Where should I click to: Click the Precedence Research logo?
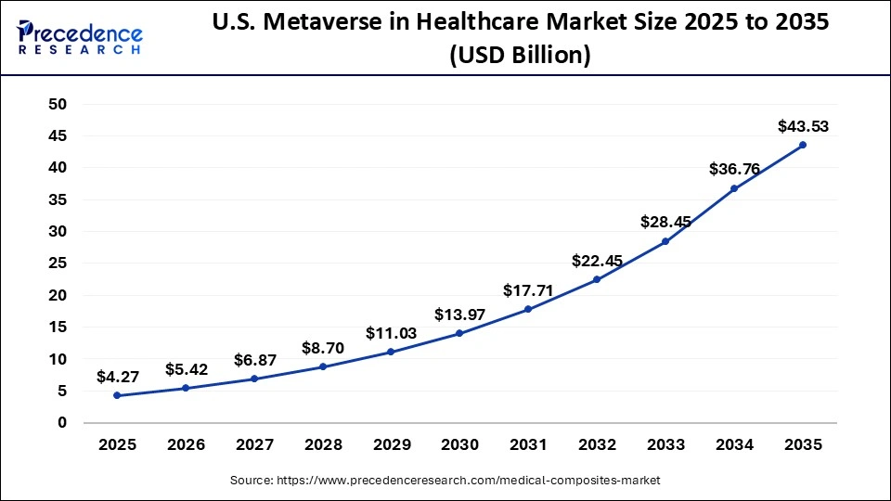(80, 37)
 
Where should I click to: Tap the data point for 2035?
(802, 145)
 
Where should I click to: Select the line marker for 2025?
(117, 395)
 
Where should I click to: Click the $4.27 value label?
(117, 377)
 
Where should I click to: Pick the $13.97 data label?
(459, 315)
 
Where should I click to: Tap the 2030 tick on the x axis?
(459, 445)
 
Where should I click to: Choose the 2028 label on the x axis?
(322, 445)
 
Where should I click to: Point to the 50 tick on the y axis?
(58, 104)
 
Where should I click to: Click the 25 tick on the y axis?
(58, 263)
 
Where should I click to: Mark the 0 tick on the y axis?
(62, 423)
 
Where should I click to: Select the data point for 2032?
(596, 279)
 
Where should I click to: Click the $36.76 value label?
(734, 169)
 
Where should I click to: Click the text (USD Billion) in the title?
(519, 56)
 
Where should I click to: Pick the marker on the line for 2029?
(391, 352)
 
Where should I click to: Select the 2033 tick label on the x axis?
(665, 445)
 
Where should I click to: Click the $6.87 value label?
(254, 359)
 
